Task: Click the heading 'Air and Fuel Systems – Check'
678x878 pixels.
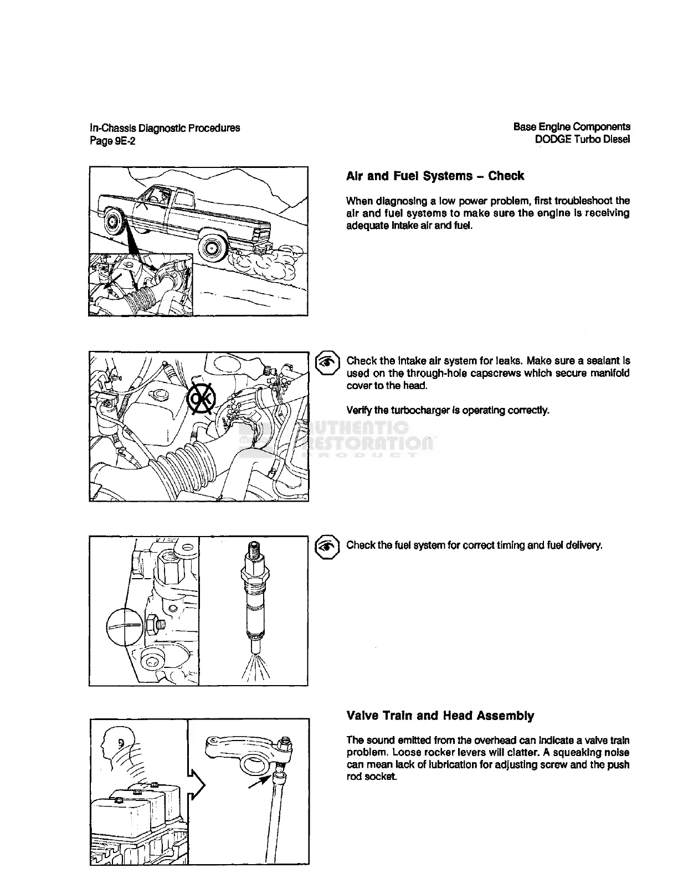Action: coord(435,176)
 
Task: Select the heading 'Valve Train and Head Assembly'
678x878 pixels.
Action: coord(440,716)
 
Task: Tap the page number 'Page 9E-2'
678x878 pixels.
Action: coord(112,141)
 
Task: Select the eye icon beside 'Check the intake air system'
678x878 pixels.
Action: coord(327,361)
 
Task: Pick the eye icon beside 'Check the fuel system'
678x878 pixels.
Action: coord(327,546)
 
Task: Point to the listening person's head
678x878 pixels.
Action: coord(114,741)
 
